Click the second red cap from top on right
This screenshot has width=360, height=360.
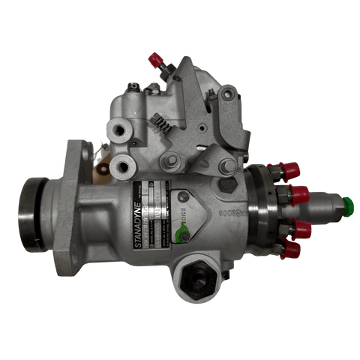(x=300, y=195)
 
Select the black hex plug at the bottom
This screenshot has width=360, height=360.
(x=198, y=280)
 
